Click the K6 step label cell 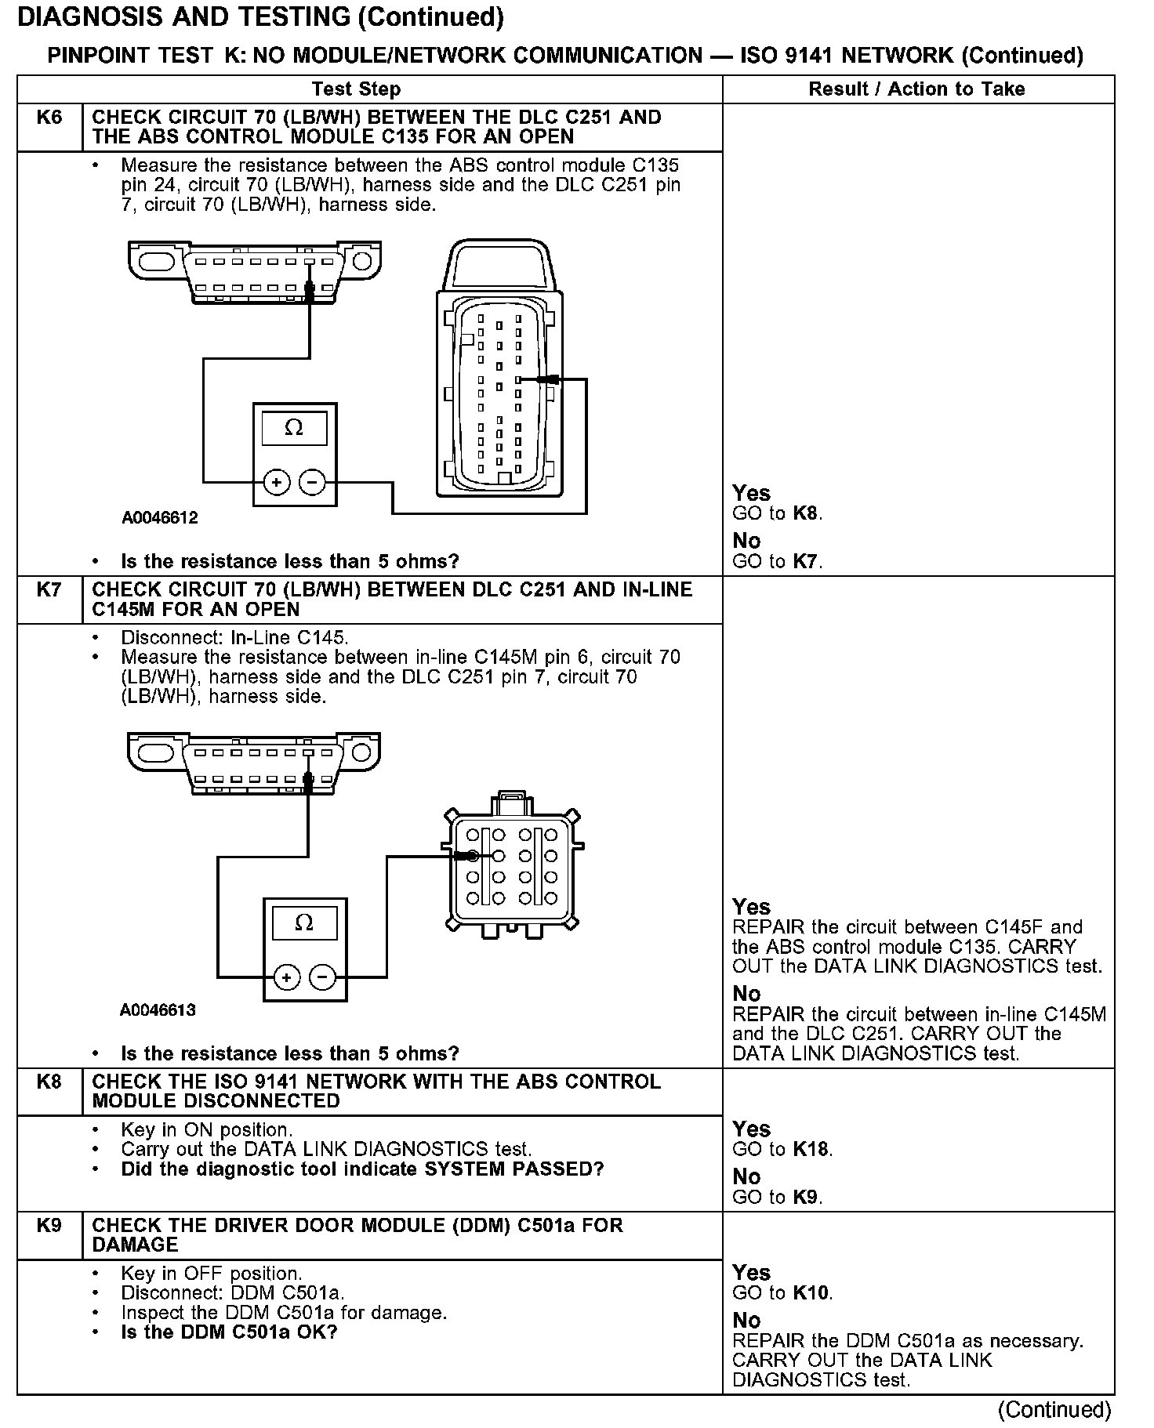point(49,118)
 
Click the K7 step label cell point(49,590)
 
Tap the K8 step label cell point(49,1082)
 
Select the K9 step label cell point(49,1225)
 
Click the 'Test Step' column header point(356,89)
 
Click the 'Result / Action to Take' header point(916,89)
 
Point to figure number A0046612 point(160,518)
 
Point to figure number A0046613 point(158,1010)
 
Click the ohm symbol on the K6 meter point(294,428)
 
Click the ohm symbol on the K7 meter point(304,922)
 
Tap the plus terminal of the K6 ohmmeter point(276,482)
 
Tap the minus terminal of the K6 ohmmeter point(313,482)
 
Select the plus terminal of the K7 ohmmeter point(287,977)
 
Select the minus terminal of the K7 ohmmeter point(323,977)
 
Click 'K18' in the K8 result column point(811,1150)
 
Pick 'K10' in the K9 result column point(811,1293)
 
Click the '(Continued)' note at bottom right point(1054,1410)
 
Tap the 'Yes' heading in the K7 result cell point(751,907)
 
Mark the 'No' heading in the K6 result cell point(746,541)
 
